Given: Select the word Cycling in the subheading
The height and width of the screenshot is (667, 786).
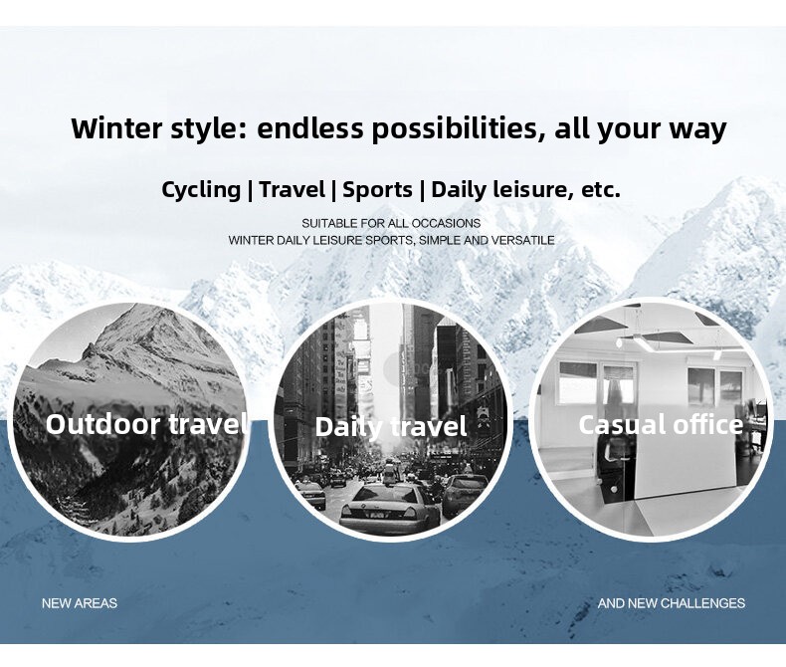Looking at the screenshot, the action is [201, 190].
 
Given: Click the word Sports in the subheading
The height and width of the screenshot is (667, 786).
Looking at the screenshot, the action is [377, 190].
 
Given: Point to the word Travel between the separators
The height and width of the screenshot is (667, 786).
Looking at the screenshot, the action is [293, 189].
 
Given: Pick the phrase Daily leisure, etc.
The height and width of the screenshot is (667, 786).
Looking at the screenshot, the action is [526, 190].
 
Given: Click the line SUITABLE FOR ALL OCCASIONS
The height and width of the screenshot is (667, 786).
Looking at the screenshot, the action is [391, 223].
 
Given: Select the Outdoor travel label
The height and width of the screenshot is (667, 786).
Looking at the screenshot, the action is [146, 424].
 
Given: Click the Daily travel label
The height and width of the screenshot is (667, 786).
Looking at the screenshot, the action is [391, 427].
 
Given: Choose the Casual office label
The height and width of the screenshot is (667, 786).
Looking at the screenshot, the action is [661, 425].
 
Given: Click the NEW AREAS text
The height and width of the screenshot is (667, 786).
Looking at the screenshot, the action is [80, 603].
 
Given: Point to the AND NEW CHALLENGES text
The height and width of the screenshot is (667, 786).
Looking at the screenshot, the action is [672, 603].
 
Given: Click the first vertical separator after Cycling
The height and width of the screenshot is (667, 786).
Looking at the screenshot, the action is [250, 190].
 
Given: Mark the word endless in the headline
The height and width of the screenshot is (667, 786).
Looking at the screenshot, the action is [309, 127].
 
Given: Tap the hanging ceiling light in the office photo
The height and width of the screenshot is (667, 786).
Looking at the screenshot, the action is [652, 341].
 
